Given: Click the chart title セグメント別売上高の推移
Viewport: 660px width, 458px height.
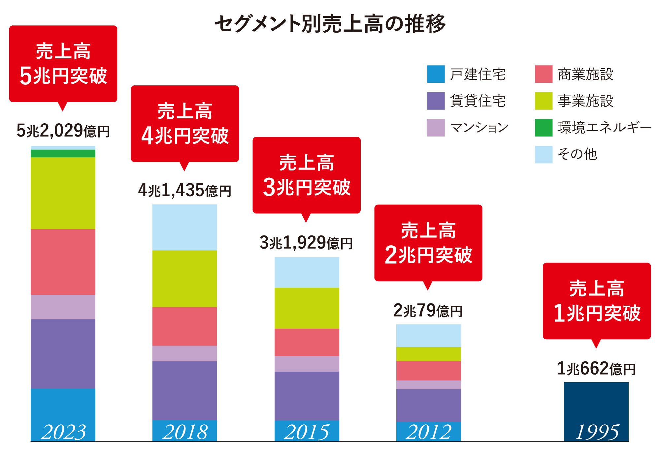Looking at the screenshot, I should (330, 24).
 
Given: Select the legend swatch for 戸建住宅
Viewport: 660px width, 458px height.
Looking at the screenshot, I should (436, 74).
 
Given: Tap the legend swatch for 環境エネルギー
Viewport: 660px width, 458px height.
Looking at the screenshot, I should (544, 128).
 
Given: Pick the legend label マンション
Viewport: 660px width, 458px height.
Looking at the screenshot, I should (479, 128).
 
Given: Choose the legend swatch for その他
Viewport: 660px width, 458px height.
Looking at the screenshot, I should (544, 154).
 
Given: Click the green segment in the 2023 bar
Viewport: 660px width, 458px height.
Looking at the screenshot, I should (63, 153).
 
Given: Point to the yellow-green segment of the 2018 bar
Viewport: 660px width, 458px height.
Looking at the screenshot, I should (184, 279).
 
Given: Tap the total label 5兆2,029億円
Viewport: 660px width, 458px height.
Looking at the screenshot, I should (63, 131).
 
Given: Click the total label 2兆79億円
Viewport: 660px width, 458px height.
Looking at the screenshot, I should (428, 311).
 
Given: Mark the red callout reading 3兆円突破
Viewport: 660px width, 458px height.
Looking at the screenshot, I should (307, 175).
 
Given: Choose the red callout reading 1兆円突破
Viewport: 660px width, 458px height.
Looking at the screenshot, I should (597, 301).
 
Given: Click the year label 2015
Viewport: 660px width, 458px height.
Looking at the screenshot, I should (307, 432).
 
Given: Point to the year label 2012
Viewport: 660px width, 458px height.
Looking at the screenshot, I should (428, 432).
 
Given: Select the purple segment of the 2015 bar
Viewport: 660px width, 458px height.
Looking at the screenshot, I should (307, 396).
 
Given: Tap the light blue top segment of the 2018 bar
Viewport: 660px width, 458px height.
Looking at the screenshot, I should (184, 227).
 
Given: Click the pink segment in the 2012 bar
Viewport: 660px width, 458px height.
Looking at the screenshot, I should (428, 371).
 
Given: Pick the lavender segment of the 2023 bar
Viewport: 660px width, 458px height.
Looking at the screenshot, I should (63, 307).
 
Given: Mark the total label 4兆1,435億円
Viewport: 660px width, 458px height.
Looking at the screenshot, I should (184, 191).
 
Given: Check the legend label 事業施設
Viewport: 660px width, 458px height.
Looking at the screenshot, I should (585, 101).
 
